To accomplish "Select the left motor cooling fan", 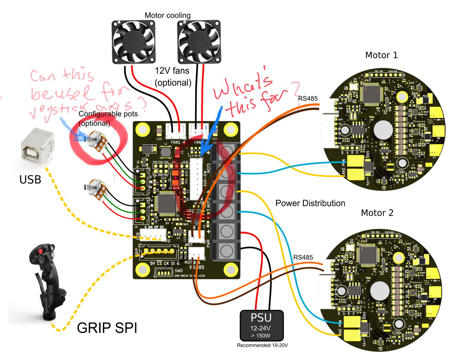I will pyautogui.click(x=133, y=42).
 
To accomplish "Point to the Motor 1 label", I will pyautogui.click(x=381, y=55).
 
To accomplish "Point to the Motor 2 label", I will pyautogui.click(x=377, y=213).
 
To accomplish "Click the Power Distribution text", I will pyautogui.click(x=310, y=203).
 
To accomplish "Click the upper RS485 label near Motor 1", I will pyautogui.click(x=308, y=98).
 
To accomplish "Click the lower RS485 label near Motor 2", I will pyautogui.click(x=303, y=257).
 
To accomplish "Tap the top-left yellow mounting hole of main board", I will pyautogui.click(x=143, y=129).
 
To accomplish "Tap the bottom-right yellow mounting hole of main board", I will pyautogui.click(x=231, y=270).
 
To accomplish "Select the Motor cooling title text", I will pyautogui.click(x=167, y=16).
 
